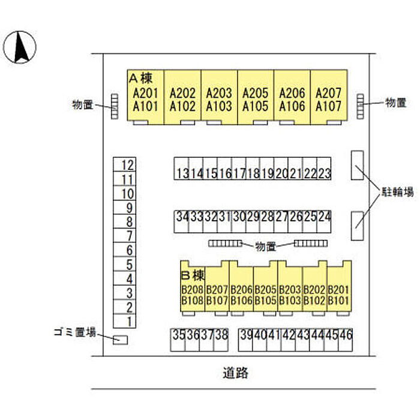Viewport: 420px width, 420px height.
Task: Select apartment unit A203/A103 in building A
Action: pyautogui.click(x=218, y=100)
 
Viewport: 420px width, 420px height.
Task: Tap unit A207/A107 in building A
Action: pyautogui.click(x=328, y=100)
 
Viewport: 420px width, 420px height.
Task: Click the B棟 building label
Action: pyautogui.click(x=193, y=275)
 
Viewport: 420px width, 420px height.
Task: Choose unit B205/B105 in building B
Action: pyautogui.click(x=265, y=294)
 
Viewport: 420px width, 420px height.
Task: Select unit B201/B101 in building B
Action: pyautogui.click(x=339, y=294)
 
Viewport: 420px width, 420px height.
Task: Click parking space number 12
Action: pyautogui.click(x=127, y=166)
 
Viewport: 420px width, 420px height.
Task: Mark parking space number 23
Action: pyautogui.click(x=325, y=173)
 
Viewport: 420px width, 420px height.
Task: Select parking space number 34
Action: pyautogui.click(x=181, y=216)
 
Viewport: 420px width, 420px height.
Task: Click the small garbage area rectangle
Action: pyautogui.click(x=121, y=340)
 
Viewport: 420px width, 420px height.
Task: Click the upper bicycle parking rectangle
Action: pyautogui.click(x=357, y=164)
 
